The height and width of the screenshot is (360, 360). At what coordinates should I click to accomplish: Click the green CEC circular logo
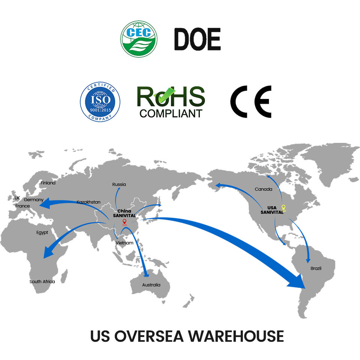139,39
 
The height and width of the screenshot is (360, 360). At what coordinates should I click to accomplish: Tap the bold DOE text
197,39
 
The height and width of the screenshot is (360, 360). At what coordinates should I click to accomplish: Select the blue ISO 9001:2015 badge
100,102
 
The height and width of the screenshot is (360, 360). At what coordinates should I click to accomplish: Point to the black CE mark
250,102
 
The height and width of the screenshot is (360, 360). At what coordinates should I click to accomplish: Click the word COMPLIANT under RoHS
171,113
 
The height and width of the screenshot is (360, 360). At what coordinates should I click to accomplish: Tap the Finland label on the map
48,183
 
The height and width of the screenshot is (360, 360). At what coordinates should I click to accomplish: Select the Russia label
119,184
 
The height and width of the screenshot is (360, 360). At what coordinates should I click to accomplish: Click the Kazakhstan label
88,202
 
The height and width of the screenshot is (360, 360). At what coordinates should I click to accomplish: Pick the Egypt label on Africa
42,232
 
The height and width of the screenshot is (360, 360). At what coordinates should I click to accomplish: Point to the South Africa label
42,282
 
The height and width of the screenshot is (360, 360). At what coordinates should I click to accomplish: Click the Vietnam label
124,243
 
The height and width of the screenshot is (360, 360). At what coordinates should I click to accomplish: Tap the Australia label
151,285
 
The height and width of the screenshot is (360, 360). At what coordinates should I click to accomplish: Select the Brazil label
316,268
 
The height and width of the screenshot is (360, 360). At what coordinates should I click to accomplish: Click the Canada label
264,189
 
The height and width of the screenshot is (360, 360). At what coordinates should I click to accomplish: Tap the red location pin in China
124,222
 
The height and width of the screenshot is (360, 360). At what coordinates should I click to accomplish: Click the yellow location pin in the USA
283,208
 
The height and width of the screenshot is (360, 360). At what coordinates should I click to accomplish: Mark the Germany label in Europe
34,200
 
